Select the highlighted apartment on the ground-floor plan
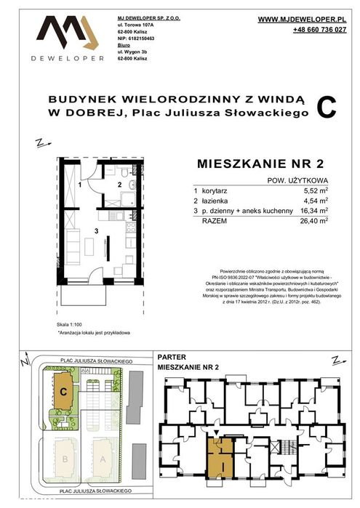tap(218, 454)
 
